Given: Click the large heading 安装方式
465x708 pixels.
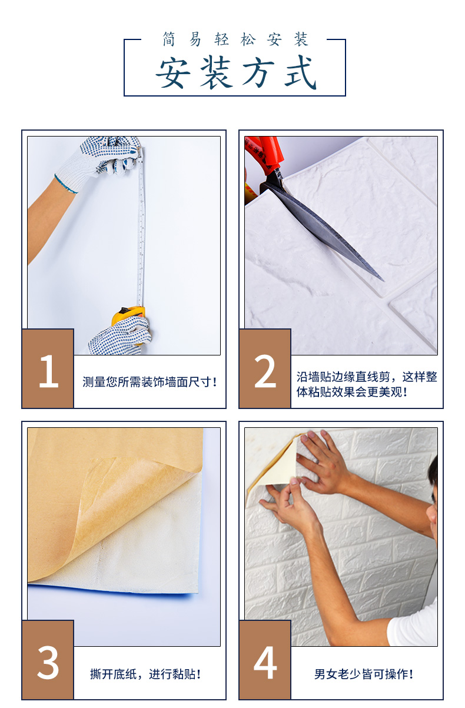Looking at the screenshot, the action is pyautogui.click(x=236, y=72).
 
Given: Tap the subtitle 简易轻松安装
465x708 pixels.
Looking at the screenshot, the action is pyautogui.click(x=235, y=39).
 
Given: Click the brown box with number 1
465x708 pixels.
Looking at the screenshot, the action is pyautogui.click(x=48, y=368).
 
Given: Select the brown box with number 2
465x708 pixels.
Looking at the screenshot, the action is pyautogui.click(x=265, y=368).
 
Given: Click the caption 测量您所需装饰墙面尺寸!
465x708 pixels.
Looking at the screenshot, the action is pyautogui.click(x=150, y=382).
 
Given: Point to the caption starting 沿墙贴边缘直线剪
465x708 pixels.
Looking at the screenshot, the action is pyautogui.click(x=367, y=384).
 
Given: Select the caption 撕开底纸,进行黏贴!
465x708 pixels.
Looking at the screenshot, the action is pyautogui.click(x=145, y=674).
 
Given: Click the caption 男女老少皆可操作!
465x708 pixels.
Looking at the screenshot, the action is pyautogui.click(x=364, y=674).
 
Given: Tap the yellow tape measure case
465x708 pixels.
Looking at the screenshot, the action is pyautogui.click(x=128, y=315).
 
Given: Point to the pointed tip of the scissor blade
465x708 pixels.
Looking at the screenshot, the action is pyautogui.click(x=384, y=281).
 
